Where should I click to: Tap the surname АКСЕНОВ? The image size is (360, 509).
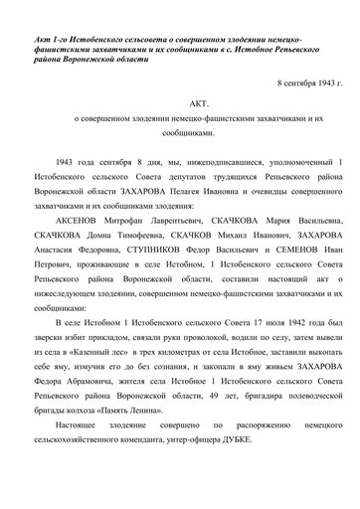(x=89, y=225)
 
